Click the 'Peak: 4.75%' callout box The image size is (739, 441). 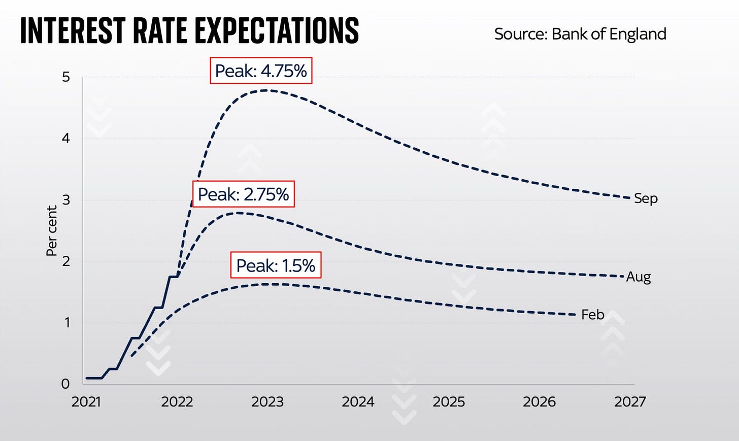tap(261, 71)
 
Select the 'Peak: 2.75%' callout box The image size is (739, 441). tap(243, 194)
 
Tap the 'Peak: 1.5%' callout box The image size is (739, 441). tap(276, 265)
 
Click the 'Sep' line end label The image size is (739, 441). tap(646, 198)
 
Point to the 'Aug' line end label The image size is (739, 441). tap(638, 277)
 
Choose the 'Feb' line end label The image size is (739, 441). tap(592, 315)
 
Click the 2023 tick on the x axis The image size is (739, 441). tap(267, 402)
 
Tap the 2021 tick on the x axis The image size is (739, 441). tap(86, 402)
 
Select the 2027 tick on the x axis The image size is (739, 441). tap(630, 402)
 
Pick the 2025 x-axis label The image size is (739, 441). tap(449, 402)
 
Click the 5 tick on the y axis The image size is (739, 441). tap(66, 77)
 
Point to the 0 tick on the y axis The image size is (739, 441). tap(65, 384)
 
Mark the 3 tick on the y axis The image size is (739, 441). tap(66, 200)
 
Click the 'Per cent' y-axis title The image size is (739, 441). tap(52, 231)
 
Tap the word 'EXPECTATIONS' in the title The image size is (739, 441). tap(277, 30)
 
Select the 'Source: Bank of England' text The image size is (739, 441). tap(580, 34)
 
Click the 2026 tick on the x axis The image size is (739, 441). tap(539, 402)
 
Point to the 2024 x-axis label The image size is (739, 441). tap(358, 402)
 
